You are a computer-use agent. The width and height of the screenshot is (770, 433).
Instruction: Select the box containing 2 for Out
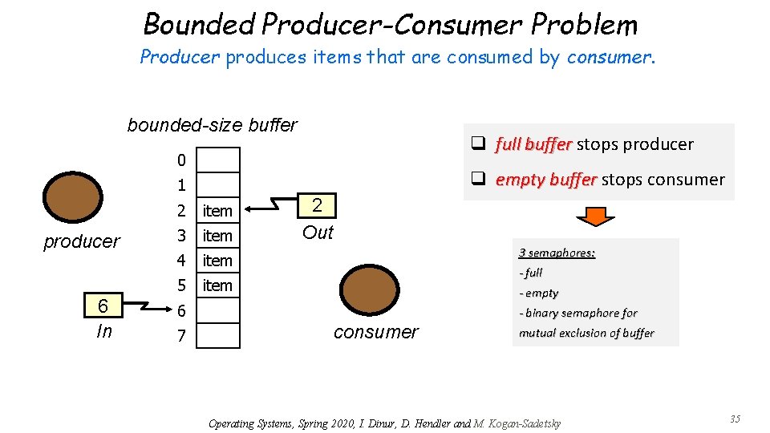tap(318, 205)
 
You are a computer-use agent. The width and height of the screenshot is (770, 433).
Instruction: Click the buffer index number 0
tap(181, 160)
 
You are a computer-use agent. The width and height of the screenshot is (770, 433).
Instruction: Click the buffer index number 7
tap(181, 335)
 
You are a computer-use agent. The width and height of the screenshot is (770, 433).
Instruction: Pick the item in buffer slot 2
tap(217, 211)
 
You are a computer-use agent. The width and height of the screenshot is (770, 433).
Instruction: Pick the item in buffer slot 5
tap(217, 285)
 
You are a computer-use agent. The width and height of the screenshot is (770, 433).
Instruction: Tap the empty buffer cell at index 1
tap(219, 185)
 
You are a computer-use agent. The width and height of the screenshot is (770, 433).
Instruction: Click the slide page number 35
tap(735, 419)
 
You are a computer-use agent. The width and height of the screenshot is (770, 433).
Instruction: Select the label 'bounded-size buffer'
tap(212, 125)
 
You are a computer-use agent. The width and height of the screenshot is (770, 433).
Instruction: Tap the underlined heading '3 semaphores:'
tap(557, 253)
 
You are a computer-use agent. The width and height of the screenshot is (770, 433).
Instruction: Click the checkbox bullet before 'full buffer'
tap(479, 144)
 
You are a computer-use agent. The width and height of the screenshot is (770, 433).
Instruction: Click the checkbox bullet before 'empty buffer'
tap(479, 180)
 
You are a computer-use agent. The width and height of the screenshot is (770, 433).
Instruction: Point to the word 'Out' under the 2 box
tap(318, 233)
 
